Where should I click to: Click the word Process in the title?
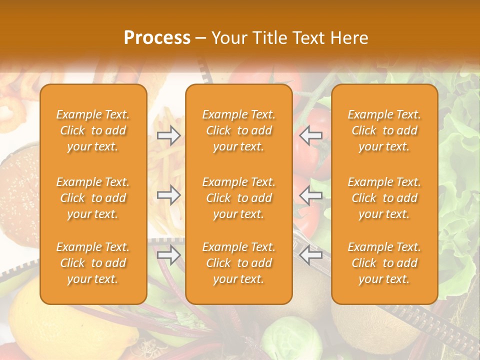pos(157,38)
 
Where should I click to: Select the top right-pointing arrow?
pos(168,135)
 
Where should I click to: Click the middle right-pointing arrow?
pos(168,195)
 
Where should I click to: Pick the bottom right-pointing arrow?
pos(168,255)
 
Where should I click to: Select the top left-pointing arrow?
pos(311,135)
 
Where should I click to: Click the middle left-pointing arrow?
pos(311,195)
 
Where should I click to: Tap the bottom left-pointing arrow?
pos(311,255)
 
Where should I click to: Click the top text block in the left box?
pos(93,130)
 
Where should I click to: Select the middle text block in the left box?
pos(93,198)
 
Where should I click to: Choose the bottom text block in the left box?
pos(93,263)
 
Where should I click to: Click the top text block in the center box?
pos(238,130)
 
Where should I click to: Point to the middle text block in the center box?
pos(238,198)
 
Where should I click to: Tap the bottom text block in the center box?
pos(238,263)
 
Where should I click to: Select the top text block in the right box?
pos(384,130)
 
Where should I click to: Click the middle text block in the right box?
pos(384,198)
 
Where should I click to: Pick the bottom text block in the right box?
pos(384,263)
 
